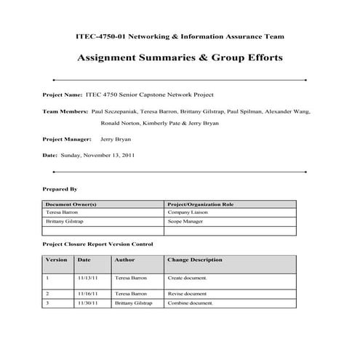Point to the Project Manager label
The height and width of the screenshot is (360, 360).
point(68,138)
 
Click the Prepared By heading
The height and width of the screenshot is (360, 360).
point(60,189)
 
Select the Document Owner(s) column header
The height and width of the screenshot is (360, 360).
point(71,204)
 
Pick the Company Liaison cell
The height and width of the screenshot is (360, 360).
point(188,212)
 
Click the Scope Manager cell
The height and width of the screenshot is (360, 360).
point(185,220)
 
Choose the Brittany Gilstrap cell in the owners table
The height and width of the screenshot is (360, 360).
point(65,220)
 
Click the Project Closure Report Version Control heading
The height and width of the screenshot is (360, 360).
point(97,244)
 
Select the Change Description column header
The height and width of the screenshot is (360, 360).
point(195,260)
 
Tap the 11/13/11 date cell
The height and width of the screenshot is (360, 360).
point(87,278)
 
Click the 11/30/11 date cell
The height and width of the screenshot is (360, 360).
point(87,303)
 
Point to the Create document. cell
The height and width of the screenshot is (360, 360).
point(188,278)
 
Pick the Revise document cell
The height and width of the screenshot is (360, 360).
point(187,293)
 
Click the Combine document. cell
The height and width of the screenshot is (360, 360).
point(190,303)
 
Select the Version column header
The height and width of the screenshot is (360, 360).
point(56,260)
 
